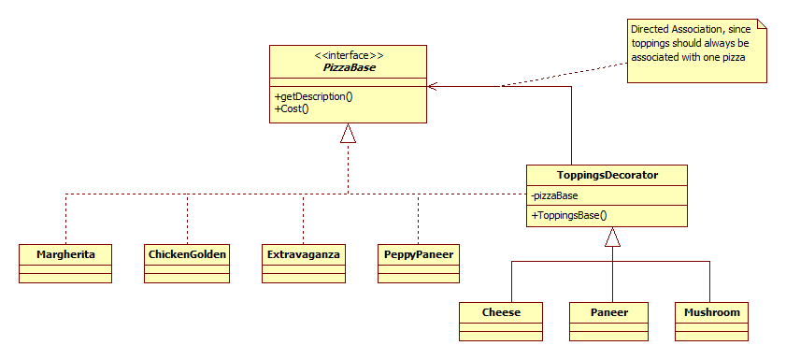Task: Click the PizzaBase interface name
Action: tap(348, 69)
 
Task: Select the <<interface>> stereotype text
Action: tap(348, 56)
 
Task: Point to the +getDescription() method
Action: tap(307, 96)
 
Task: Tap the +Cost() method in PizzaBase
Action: tap(292, 108)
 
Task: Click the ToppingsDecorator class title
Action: tap(607, 175)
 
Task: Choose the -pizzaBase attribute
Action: tap(554, 196)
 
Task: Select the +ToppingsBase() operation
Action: tap(569, 215)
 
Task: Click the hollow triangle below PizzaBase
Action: tap(348, 134)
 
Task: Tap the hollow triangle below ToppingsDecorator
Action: tap(612, 238)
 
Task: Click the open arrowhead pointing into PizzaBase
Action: tap(433, 86)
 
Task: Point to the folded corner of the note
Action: tap(762, 22)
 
